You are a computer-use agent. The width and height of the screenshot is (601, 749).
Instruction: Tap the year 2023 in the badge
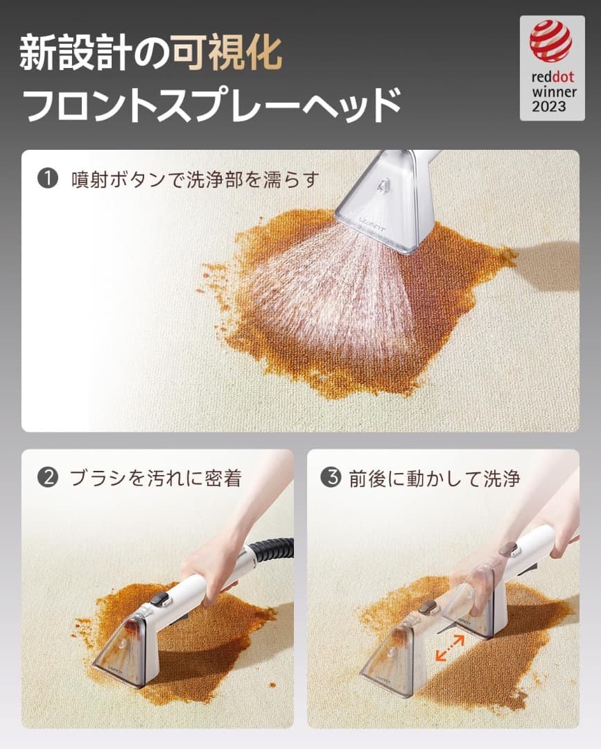click(550, 106)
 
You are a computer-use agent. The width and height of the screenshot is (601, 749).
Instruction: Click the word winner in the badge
click(550, 92)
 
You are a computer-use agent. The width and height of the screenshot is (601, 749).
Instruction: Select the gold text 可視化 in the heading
click(227, 53)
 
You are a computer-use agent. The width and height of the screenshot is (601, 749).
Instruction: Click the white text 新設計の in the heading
click(95, 53)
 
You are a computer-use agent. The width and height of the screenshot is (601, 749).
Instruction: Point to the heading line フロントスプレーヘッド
click(211, 103)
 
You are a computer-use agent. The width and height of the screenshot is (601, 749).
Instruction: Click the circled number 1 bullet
click(46, 180)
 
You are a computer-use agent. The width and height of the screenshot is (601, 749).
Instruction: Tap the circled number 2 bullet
click(46, 479)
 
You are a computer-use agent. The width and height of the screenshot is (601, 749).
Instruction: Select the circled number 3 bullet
click(331, 479)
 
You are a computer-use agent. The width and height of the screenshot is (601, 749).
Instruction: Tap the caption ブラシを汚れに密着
click(155, 479)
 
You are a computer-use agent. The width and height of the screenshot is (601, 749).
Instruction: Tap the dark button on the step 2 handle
click(161, 597)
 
